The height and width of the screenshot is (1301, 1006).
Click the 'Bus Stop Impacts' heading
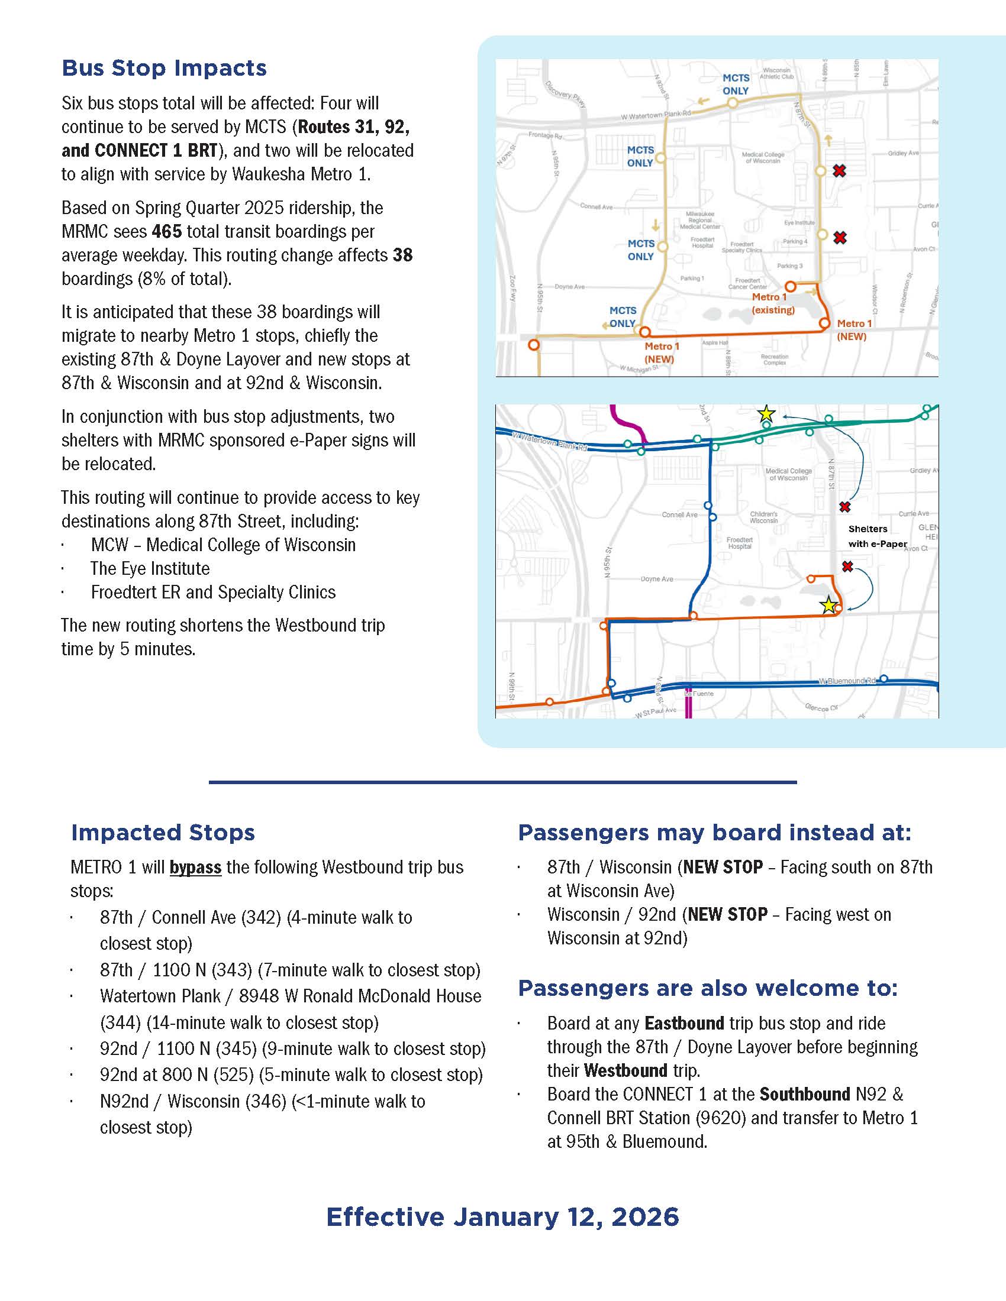coord(164,68)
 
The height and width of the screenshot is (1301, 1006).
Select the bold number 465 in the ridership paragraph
coord(167,231)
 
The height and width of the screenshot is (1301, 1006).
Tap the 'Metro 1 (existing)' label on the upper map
coord(773,303)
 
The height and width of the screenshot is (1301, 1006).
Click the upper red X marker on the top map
coord(839,171)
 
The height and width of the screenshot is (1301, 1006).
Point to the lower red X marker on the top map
coord(840,238)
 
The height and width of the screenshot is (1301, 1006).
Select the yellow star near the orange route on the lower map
coord(828,606)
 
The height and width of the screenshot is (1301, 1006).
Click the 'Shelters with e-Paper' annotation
coord(876,536)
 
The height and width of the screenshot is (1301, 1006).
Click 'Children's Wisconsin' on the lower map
coord(763,517)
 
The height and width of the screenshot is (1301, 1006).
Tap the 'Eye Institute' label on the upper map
coord(799,223)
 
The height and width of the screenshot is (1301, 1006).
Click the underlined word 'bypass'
coord(195,867)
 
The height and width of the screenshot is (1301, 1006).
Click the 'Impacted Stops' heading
coord(163,832)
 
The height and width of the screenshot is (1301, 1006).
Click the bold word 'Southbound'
coord(805,1093)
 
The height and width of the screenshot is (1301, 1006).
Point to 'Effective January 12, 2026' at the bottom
coord(502,1216)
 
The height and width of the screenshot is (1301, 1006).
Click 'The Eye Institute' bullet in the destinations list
coord(150,568)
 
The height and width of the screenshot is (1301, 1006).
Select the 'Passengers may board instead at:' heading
coord(715,832)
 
